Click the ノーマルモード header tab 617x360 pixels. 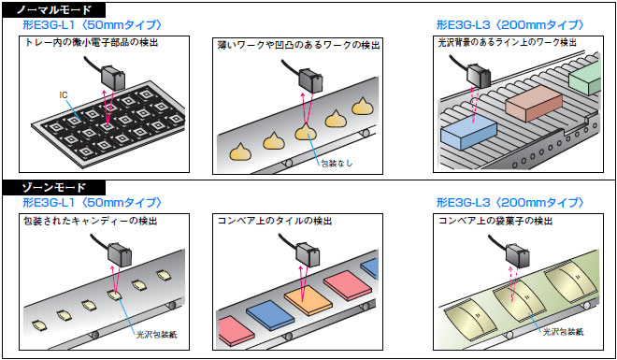click(54, 9)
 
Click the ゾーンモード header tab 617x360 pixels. click(54, 187)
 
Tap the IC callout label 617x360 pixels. click(63, 94)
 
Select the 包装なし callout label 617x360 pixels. click(337, 163)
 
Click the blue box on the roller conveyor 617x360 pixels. click(468, 133)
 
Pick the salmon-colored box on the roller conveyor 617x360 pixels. click(534, 103)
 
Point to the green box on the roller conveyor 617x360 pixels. click(585, 79)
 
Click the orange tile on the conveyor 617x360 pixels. click(308, 299)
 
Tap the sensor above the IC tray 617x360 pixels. click(113, 78)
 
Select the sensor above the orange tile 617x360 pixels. click(307, 253)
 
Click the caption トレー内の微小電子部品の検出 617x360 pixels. click(92, 42)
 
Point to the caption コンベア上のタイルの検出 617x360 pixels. click(275, 221)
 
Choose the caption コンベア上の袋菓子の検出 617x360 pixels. click(495, 221)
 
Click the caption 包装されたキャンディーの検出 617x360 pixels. click(91, 221)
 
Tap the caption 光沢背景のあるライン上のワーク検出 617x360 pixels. click(508, 42)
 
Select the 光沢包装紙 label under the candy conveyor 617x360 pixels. click(157, 335)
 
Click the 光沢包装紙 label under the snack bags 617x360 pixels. click(564, 332)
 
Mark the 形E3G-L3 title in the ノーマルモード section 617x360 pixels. click(510, 25)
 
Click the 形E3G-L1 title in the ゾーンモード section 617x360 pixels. click(93, 203)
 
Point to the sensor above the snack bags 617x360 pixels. click(517, 253)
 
